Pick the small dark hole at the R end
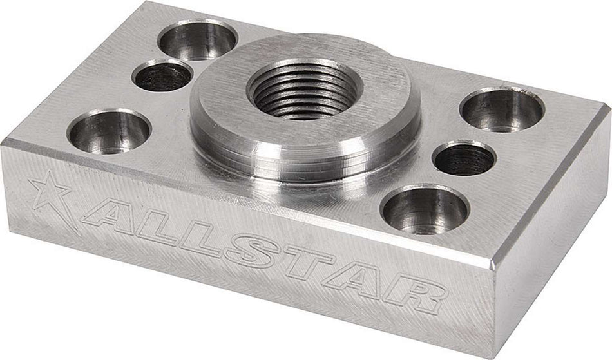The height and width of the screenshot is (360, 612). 464,158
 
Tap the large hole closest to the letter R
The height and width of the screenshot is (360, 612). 425,210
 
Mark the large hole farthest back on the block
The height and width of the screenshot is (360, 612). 198,39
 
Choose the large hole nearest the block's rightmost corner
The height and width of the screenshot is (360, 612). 502,109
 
